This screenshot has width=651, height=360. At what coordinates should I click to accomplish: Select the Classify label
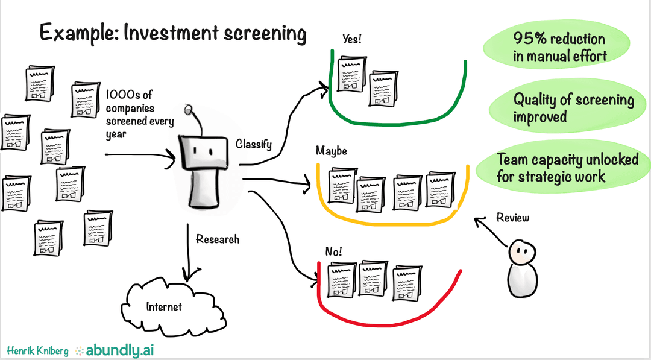pos(254,144)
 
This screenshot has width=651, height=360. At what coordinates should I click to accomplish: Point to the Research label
pos(218,239)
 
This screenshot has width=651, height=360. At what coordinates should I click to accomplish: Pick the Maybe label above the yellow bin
pos(332,151)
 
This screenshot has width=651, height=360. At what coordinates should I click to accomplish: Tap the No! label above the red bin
pos(334,251)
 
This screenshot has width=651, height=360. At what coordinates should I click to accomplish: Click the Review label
pos(512,218)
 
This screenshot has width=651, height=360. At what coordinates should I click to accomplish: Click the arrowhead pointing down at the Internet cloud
pos(189,278)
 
